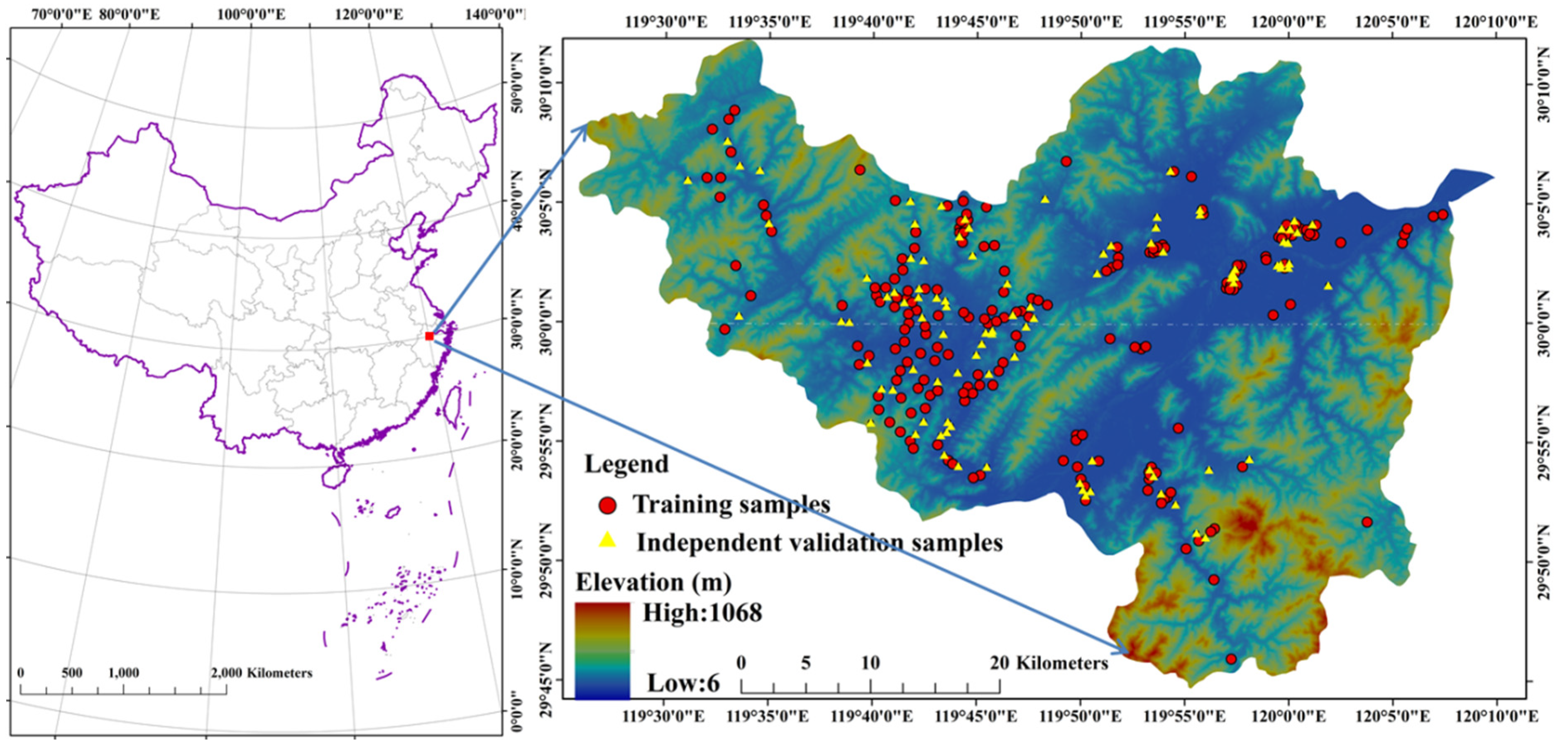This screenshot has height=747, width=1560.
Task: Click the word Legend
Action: point(626,464)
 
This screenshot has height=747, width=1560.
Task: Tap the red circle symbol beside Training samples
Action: point(607,505)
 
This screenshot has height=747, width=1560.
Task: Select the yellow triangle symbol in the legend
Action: point(607,540)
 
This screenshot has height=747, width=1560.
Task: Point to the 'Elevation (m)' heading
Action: point(653,582)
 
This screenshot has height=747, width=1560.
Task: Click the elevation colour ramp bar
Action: point(602,650)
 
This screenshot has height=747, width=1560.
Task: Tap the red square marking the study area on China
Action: point(429,336)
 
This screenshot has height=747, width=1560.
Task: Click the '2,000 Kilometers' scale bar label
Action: point(262,673)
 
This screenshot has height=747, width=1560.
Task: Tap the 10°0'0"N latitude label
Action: point(516,572)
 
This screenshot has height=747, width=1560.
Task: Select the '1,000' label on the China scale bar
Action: point(124,673)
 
